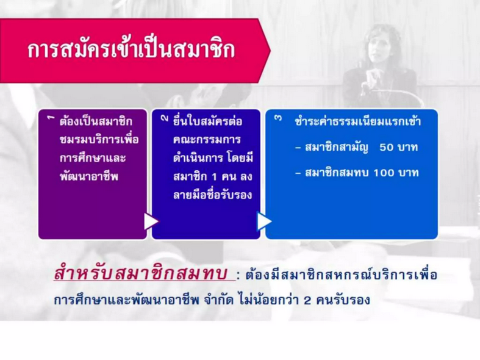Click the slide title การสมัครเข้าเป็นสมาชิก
(x=131, y=49)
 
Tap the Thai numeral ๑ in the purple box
(x=51, y=118)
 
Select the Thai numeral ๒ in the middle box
(x=165, y=118)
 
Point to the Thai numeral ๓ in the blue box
(x=278, y=118)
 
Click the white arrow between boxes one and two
(x=151, y=221)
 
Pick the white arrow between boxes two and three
(x=264, y=221)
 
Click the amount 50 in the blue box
(x=386, y=147)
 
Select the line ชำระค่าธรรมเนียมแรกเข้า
(x=357, y=121)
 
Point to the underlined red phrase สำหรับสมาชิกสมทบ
(x=140, y=273)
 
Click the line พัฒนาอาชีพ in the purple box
(x=89, y=176)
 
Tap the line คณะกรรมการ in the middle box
(x=207, y=140)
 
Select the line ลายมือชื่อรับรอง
(x=212, y=195)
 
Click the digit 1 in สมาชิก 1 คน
(x=214, y=177)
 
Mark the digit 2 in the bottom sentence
(x=307, y=300)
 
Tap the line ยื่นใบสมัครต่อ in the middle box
(x=207, y=121)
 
